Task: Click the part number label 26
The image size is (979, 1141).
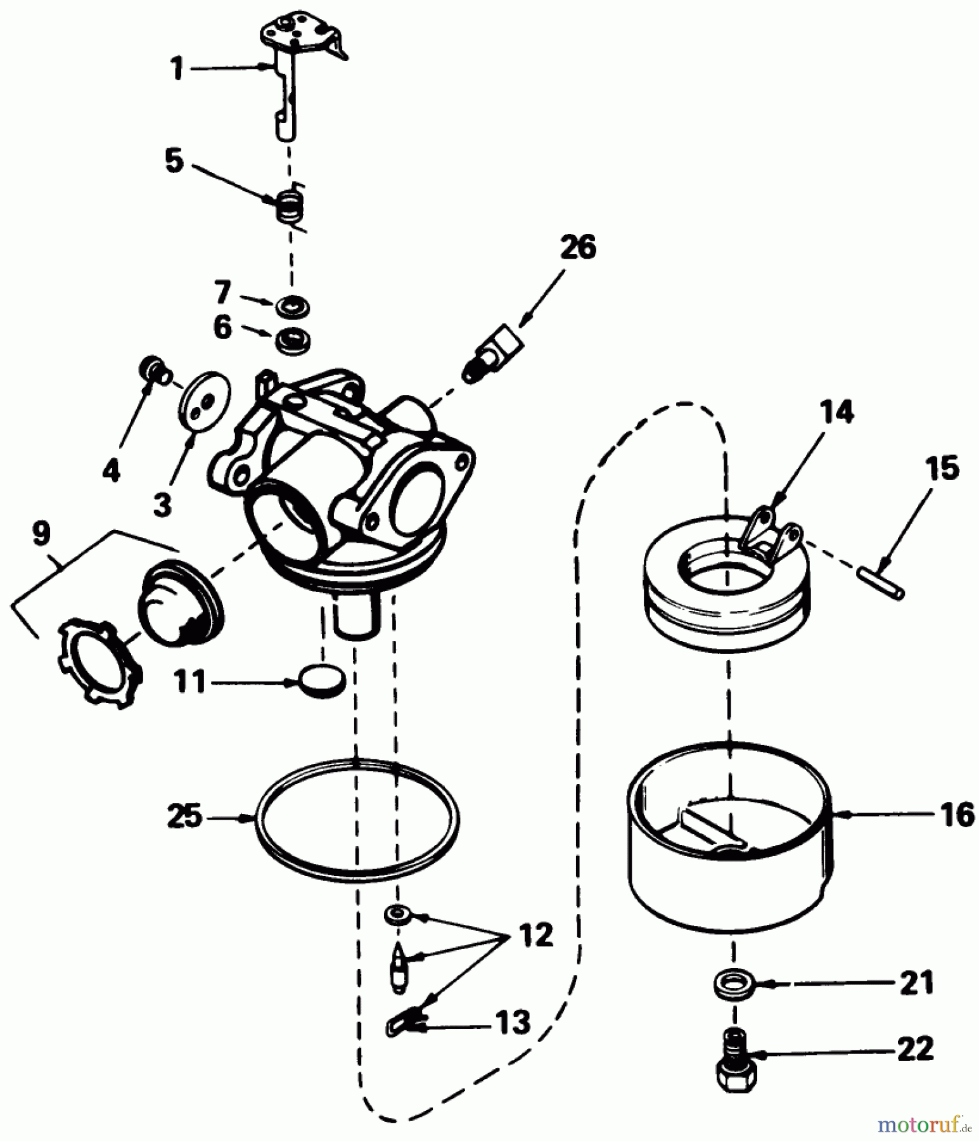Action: (x=577, y=247)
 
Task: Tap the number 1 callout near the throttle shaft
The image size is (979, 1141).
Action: (x=177, y=68)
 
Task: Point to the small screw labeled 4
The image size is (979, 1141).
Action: (x=154, y=370)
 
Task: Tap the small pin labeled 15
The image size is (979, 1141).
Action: (x=880, y=581)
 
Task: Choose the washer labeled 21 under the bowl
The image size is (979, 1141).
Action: (x=733, y=984)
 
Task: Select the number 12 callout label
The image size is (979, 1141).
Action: (x=536, y=935)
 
